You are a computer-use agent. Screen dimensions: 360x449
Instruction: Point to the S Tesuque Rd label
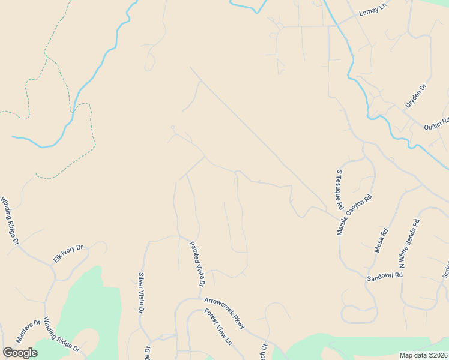pyautogui.click(x=339, y=190)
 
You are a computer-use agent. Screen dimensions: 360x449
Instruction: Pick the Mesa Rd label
pyautogui.click(x=381, y=240)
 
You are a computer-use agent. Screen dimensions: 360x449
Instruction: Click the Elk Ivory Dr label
pyautogui.click(x=68, y=253)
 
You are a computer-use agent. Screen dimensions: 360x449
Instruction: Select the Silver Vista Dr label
pyautogui.click(x=141, y=293)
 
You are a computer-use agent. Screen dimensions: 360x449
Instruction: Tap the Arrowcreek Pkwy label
pyautogui.click(x=224, y=313)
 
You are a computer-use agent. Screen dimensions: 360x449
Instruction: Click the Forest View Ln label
pyautogui.click(x=218, y=327)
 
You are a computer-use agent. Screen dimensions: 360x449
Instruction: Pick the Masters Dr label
pyautogui.click(x=28, y=331)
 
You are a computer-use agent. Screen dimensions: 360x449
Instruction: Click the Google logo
pyautogui.click(x=20, y=352)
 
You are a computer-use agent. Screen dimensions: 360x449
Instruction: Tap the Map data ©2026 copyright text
pyautogui.click(x=423, y=355)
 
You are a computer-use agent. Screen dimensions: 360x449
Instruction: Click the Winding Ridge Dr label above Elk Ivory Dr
pyautogui.click(x=10, y=220)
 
